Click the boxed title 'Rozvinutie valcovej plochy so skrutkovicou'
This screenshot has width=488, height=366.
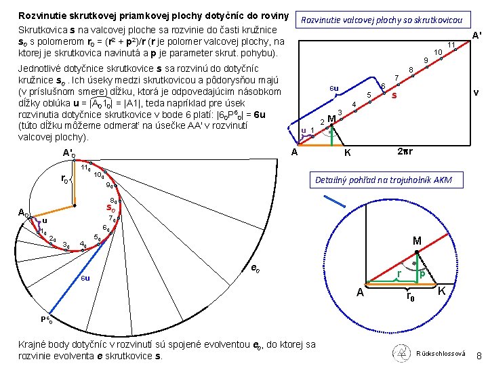(x=385, y=20)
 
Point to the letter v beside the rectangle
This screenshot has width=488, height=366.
(x=476, y=91)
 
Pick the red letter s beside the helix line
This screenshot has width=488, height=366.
(x=394, y=96)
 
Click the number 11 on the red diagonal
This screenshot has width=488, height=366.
(x=450, y=45)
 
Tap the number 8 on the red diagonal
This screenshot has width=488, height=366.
(x=411, y=70)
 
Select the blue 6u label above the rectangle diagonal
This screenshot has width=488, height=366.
(x=333, y=88)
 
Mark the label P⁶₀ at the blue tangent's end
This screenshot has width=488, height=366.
(x=45, y=318)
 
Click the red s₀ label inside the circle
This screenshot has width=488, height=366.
(x=113, y=207)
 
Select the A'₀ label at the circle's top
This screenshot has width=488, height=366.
(x=68, y=153)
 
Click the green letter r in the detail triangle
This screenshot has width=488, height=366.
(x=399, y=273)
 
